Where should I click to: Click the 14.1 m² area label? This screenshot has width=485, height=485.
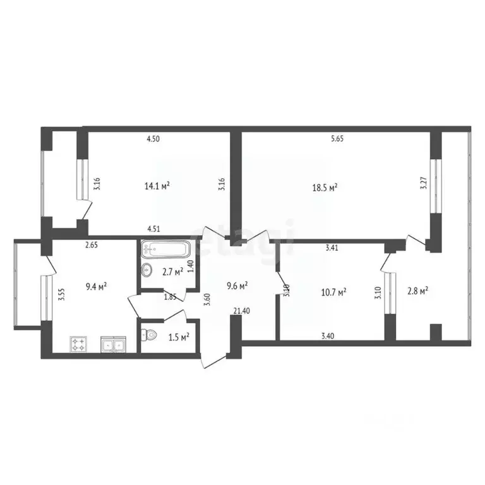[157, 186]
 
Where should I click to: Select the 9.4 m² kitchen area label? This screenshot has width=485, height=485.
[95, 285]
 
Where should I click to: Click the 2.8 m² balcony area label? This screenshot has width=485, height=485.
[417, 290]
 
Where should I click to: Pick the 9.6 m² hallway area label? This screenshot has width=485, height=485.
[237, 285]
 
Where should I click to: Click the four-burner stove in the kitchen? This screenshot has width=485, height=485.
[79, 345]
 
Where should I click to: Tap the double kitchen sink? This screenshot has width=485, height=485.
[114, 345]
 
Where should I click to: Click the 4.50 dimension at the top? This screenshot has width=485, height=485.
[153, 139]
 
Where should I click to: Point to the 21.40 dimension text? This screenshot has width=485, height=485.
[241, 310]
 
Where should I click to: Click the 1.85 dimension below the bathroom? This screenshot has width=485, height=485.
[171, 297]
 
